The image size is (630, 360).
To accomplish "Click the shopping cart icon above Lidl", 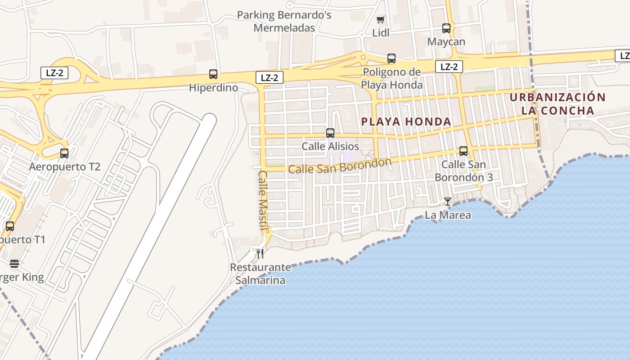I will point(381,19).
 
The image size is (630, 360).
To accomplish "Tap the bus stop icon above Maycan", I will point(446,28).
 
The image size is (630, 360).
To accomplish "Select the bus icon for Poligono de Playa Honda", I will point(391,58).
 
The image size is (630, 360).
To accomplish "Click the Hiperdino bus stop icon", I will point(213,74).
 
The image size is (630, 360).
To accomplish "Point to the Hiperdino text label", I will point(213,88).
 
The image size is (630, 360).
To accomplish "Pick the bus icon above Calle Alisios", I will point(330,133).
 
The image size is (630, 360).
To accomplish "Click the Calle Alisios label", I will point(330,146).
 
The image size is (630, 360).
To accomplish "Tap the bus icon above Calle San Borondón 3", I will point(463,151).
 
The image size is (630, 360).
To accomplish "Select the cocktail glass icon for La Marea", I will point(448,202).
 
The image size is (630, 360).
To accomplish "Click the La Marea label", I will point(448,215).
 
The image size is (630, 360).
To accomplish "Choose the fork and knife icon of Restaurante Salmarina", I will point(260,254).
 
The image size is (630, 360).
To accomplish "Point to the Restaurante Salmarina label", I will point(261,274).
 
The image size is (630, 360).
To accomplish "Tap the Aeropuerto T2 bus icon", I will point(64,153).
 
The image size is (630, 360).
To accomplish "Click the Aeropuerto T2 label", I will point(64,167).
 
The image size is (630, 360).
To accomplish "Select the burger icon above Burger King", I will point(14,264).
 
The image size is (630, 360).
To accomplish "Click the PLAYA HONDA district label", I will point(406,121).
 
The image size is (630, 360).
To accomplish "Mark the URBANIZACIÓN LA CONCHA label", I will point(558,103).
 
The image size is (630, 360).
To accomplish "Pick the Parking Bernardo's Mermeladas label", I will point(284,21).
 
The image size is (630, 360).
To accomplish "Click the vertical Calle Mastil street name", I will point(263,200).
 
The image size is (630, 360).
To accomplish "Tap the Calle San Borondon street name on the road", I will point(340,166).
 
